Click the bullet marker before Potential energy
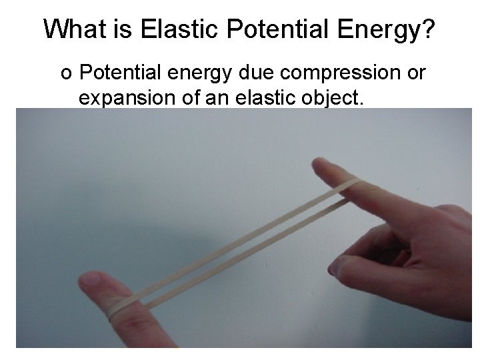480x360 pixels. point(65,73)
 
